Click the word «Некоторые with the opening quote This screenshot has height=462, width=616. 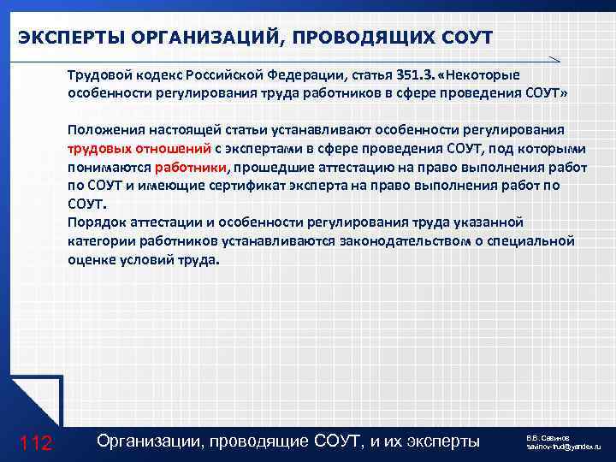coord(478,74)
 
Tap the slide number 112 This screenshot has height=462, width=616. coord(36,442)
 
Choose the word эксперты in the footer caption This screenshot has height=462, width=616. coord(444,441)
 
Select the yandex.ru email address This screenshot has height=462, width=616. coord(564,447)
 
